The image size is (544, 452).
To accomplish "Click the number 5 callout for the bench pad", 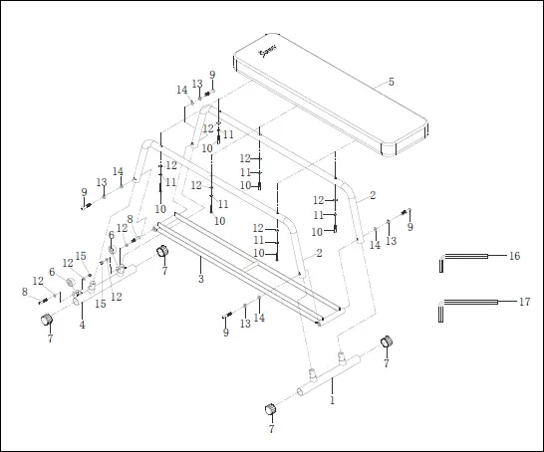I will point(391,82).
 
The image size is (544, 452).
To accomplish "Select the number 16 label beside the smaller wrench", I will point(514,256).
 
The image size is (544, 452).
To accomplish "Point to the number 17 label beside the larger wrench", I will point(524,301).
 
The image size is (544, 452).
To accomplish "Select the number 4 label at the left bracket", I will point(82,325).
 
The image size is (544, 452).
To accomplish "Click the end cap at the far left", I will point(45,320).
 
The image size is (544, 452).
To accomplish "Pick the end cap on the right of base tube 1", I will point(388,342).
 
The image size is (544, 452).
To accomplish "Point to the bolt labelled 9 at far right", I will point(404,212).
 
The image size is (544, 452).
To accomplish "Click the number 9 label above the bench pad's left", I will point(211,75).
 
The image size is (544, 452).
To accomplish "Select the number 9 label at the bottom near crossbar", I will point(225,333).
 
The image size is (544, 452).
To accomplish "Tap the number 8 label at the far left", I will point(24,292).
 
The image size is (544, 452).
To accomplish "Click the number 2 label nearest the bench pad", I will point(372,195).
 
